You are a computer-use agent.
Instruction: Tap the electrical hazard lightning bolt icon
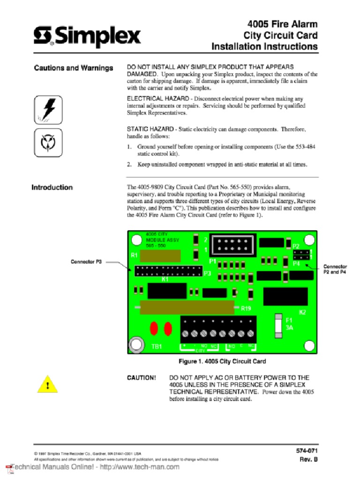tap(48, 110)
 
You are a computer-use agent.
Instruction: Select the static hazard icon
tap(48, 143)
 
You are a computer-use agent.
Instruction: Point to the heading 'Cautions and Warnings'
tap(74, 68)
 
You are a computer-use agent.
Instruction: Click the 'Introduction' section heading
tap(52, 187)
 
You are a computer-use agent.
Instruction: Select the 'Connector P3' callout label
tap(86, 262)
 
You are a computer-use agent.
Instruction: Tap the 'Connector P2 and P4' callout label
tap(335, 269)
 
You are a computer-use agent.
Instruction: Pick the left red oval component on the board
tap(154, 329)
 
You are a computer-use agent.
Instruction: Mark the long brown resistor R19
tap(187, 308)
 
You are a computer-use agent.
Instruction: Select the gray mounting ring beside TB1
tap(136, 344)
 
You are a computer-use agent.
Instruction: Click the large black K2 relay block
tap(285, 297)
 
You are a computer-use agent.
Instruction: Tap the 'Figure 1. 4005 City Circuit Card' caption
tap(222, 361)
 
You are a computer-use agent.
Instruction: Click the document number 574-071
tap(307, 450)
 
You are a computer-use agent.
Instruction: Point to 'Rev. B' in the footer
tap(308, 459)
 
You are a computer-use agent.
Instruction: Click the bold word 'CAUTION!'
tap(142, 377)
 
